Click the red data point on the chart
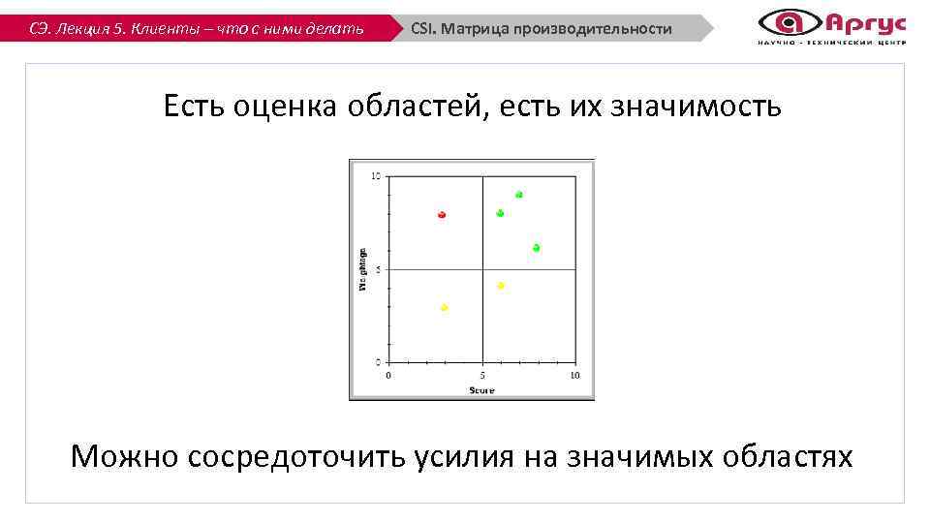(442, 214)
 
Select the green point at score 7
(519, 195)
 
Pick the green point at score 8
(536, 248)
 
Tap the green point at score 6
(500, 213)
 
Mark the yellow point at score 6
(501, 286)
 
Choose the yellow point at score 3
(445, 307)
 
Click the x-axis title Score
(481, 390)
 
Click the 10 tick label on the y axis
(376, 176)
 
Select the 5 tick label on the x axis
(482, 375)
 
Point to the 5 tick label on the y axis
(378, 269)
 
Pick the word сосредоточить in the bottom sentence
(296, 455)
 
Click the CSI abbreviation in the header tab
(421, 29)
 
